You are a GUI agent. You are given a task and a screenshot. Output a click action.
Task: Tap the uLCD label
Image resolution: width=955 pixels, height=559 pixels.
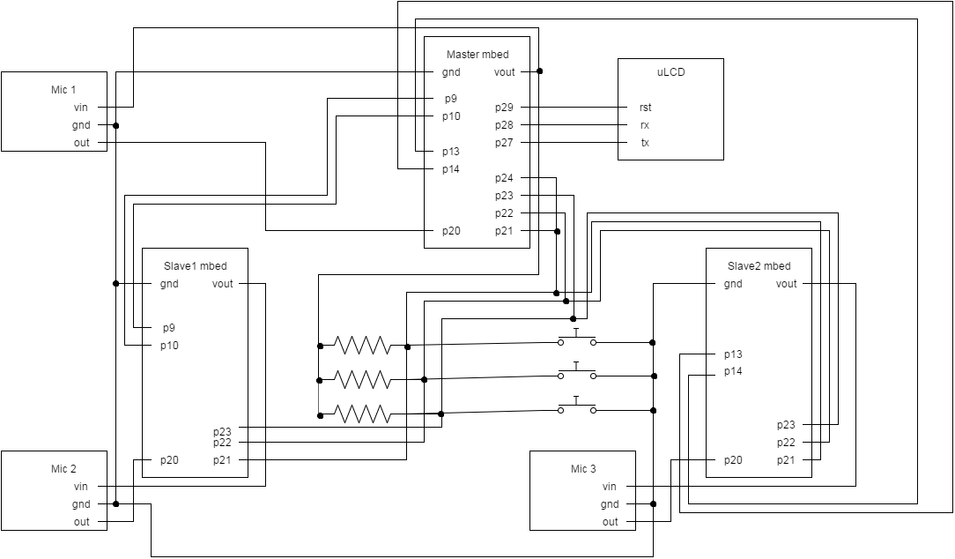click(670, 72)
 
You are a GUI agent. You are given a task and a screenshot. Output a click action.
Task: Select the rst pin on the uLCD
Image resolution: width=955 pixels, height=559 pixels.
click(645, 108)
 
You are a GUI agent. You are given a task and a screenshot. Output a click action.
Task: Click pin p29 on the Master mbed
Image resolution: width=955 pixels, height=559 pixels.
click(504, 108)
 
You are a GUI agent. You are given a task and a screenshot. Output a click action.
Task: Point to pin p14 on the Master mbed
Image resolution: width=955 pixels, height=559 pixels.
click(450, 169)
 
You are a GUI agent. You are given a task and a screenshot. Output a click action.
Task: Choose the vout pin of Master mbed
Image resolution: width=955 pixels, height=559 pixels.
click(505, 72)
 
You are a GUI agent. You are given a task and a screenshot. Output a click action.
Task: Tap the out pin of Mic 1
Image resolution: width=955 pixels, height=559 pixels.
click(82, 143)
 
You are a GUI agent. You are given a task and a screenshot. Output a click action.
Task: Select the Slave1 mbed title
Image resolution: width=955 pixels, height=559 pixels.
click(195, 266)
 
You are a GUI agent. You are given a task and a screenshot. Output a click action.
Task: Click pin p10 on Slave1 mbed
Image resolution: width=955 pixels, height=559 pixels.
click(169, 346)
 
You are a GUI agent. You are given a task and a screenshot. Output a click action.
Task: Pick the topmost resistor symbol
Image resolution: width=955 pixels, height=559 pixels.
click(362, 345)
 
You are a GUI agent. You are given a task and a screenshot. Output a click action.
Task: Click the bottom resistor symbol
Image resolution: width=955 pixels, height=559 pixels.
click(362, 414)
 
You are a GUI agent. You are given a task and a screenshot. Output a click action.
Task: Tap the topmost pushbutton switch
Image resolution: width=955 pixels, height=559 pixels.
click(576, 339)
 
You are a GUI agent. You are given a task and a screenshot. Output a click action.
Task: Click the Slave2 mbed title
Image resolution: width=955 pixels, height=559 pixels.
click(759, 266)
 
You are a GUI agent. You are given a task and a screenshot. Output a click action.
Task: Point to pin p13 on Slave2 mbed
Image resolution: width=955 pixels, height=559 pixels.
click(733, 354)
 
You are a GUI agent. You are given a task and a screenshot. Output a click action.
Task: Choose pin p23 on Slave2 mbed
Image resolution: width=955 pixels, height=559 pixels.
click(786, 425)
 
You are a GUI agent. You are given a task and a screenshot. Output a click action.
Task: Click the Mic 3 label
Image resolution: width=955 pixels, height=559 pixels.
click(582, 469)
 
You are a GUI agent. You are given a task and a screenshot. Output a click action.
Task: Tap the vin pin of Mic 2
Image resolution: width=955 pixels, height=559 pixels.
click(82, 487)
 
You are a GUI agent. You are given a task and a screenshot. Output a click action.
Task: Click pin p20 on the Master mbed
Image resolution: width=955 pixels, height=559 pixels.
click(450, 231)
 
